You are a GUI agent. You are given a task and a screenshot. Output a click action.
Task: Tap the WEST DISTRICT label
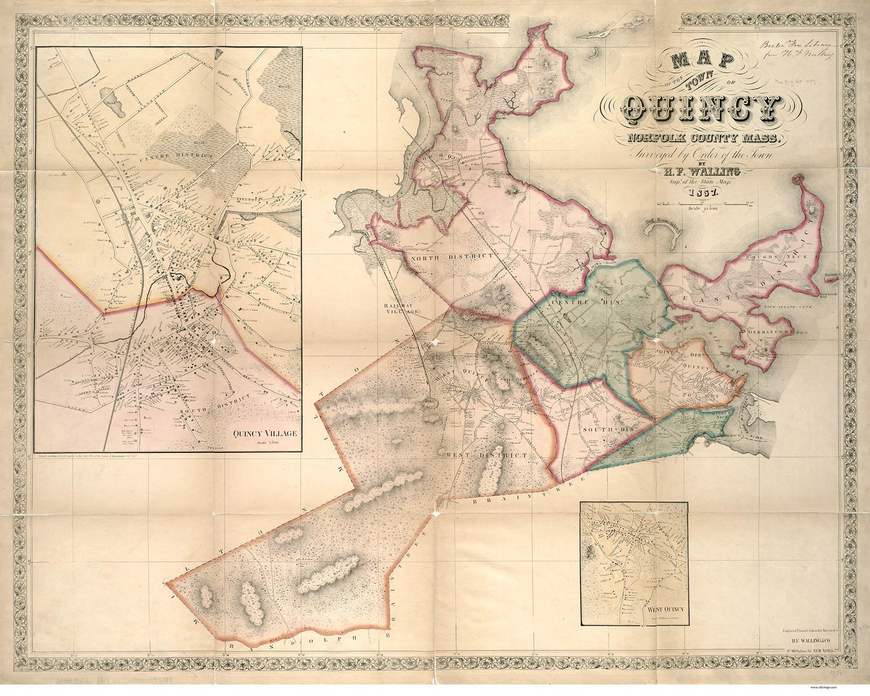486,455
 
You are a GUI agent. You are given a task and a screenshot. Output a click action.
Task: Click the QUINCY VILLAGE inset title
265,433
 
